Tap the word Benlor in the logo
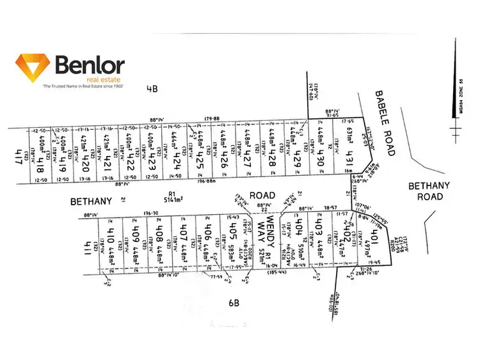click(90, 65)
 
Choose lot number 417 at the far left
click(18, 157)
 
